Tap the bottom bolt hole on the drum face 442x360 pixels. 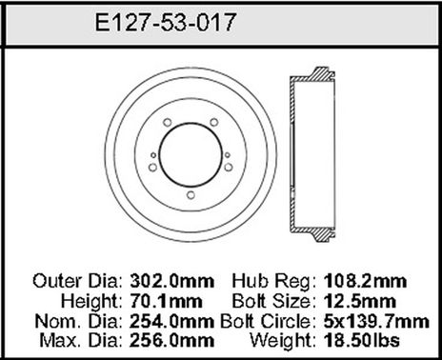[x=191, y=197]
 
